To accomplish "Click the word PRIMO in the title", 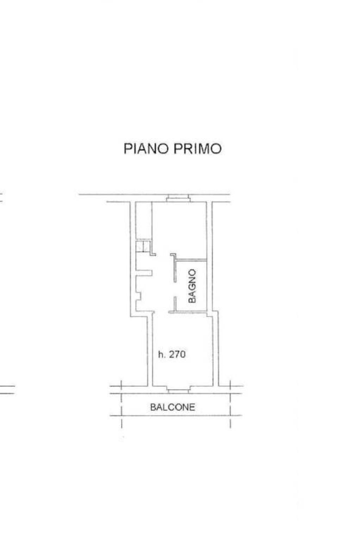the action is [x=197, y=149].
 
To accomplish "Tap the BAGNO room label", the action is [x=192, y=286].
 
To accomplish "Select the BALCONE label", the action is [x=172, y=407].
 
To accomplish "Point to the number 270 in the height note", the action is [x=177, y=354].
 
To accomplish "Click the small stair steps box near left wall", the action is [x=143, y=246].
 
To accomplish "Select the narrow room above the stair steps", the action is [x=144, y=221].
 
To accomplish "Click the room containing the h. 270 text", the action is [x=183, y=351].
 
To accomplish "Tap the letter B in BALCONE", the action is [x=153, y=407].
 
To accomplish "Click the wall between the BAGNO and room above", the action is [x=192, y=260].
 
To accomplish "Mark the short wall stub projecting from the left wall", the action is [x=144, y=272].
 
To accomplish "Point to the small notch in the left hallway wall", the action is [x=138, y=296].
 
